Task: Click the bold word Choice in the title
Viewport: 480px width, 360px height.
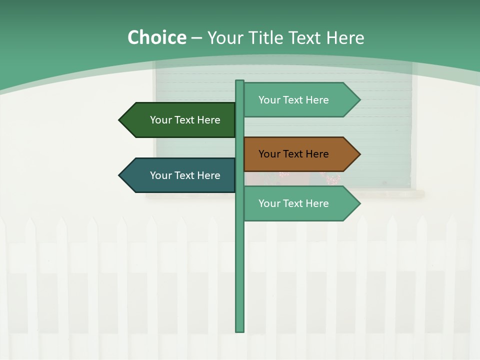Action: [156, 38]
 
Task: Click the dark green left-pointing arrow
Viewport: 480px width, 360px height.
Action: [177, 120]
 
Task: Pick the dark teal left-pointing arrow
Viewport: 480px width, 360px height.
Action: [177, 175]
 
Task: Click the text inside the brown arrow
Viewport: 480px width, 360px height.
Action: [293, 154]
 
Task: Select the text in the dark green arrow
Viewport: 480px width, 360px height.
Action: [185, 120]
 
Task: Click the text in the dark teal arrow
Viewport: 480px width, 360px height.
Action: [185, 175]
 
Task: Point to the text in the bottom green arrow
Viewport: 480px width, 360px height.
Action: [293, 203]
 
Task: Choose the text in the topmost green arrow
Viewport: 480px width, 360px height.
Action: [293, 100]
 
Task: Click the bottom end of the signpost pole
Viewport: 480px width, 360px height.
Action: [240, 330]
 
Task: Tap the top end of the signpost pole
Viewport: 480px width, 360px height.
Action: [240, 82]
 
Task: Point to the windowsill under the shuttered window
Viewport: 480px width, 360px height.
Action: [285, 193]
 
